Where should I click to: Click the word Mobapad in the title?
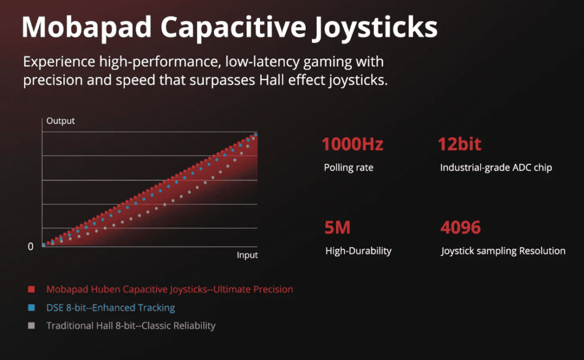pyautogui.click(x=87, y=27)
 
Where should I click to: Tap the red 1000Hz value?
pyautogui.click(x=352, y=144)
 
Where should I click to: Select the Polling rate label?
pyautogui.click(x=348, y=168)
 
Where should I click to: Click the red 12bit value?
pyautogui.click(x=460, y=144)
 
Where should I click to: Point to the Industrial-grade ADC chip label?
pyautogui.click(x=496, y=168)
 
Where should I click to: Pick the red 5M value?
pyautogui.click(x=338, y=227)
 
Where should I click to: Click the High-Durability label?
pyautogui.click(x=358, y=251)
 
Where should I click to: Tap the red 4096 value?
pyautogui.click(x=461, y=227)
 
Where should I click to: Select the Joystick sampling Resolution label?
pyautogui.click(x=503, y=251)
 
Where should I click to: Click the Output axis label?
pyautogui.click(x=60, y=121)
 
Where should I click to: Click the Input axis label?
pyautogui.click(x=248, y=255)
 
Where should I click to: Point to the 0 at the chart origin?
pyautogui.click(x=31, y=246)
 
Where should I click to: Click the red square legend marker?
pyautogui.click(x=31, y=289)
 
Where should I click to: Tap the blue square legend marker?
pyautogui.click(x=31, y=308)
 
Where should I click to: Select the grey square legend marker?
pyautogui.click(x=31, y=326)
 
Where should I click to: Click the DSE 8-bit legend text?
pyautogui.click(x=111, y=308)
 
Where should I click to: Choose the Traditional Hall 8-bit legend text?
pyautogui.click(x=131, y=326)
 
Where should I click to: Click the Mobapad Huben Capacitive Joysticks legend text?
pyautogui.click(x=169, y=290)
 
